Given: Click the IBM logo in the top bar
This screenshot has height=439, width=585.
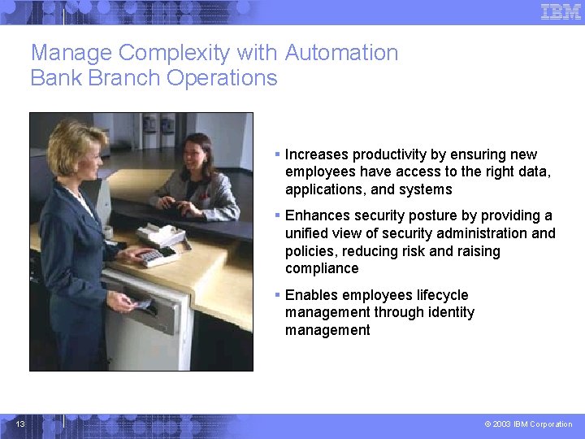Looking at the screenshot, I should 561,11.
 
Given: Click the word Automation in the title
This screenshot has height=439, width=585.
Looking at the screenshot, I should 341,53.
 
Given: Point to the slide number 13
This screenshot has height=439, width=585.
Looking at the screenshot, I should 20,424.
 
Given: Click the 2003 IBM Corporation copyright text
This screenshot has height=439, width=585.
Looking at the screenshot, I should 528,424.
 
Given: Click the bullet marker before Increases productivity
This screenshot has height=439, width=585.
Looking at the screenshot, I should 277,154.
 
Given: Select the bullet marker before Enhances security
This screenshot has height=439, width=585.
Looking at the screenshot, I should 277,215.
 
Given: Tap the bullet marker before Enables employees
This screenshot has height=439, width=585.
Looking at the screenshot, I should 277,295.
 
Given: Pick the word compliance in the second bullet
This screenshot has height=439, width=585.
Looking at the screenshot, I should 322,268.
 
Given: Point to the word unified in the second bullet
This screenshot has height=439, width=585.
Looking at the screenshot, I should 306,233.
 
